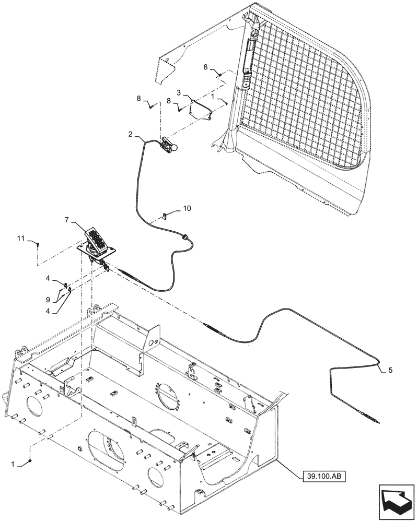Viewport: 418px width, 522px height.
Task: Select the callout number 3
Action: [179, 92]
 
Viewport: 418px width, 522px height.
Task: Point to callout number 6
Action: [205, 68]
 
